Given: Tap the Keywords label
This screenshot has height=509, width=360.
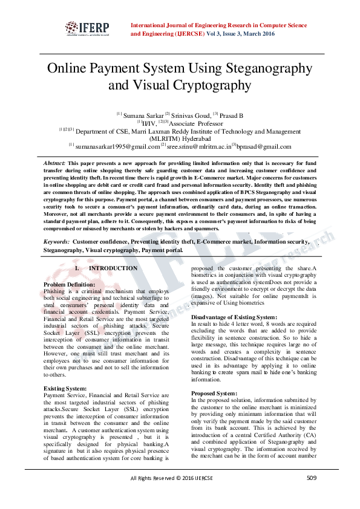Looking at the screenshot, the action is click(56, 242).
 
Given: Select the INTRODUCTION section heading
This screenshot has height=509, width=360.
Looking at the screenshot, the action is click(113, 268).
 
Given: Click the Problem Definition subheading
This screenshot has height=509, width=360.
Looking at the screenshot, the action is click(70, 284).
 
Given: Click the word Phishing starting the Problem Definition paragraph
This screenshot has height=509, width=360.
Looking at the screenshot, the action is click(54, 291).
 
